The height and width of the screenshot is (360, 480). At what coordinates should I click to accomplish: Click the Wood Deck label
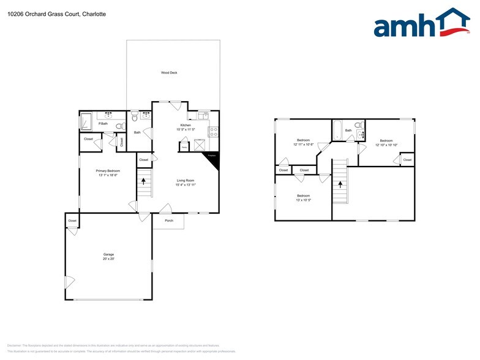(x=169, y=73)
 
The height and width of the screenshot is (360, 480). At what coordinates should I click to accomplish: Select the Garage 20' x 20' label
(x=108, y=257)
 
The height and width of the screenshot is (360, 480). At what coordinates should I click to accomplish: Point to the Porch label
(x=169, y=220)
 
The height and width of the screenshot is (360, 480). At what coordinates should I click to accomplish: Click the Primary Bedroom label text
(x=107, y=173)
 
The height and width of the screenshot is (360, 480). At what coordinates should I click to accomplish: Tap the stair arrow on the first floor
(x=144, y=181)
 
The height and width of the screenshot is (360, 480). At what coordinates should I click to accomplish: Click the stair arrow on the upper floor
(x=340, y=183)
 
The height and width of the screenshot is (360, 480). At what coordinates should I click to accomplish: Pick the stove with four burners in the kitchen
(x=214, y=131)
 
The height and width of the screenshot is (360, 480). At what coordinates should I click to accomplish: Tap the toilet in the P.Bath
(x=120, y=127)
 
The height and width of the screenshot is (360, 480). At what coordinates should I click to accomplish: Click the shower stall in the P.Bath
(x=86, y=122)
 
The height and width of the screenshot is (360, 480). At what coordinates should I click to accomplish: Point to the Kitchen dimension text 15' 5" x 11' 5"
(x=185, y=129)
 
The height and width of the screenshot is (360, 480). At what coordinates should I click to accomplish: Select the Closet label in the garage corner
(x=72, y=220)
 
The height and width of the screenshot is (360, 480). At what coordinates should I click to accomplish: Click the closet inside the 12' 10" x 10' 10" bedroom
(x=407, y=160)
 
